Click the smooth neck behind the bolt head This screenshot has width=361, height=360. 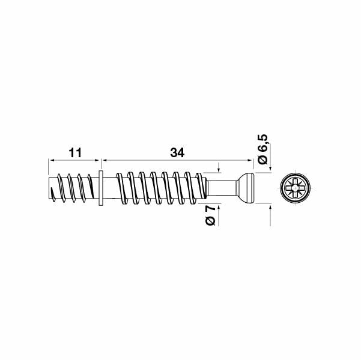222,187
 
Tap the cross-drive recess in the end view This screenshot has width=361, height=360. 294,187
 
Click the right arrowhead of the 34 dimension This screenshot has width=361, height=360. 248,160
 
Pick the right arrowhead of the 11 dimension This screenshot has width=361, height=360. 96,160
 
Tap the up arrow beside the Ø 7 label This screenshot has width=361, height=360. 219,207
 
